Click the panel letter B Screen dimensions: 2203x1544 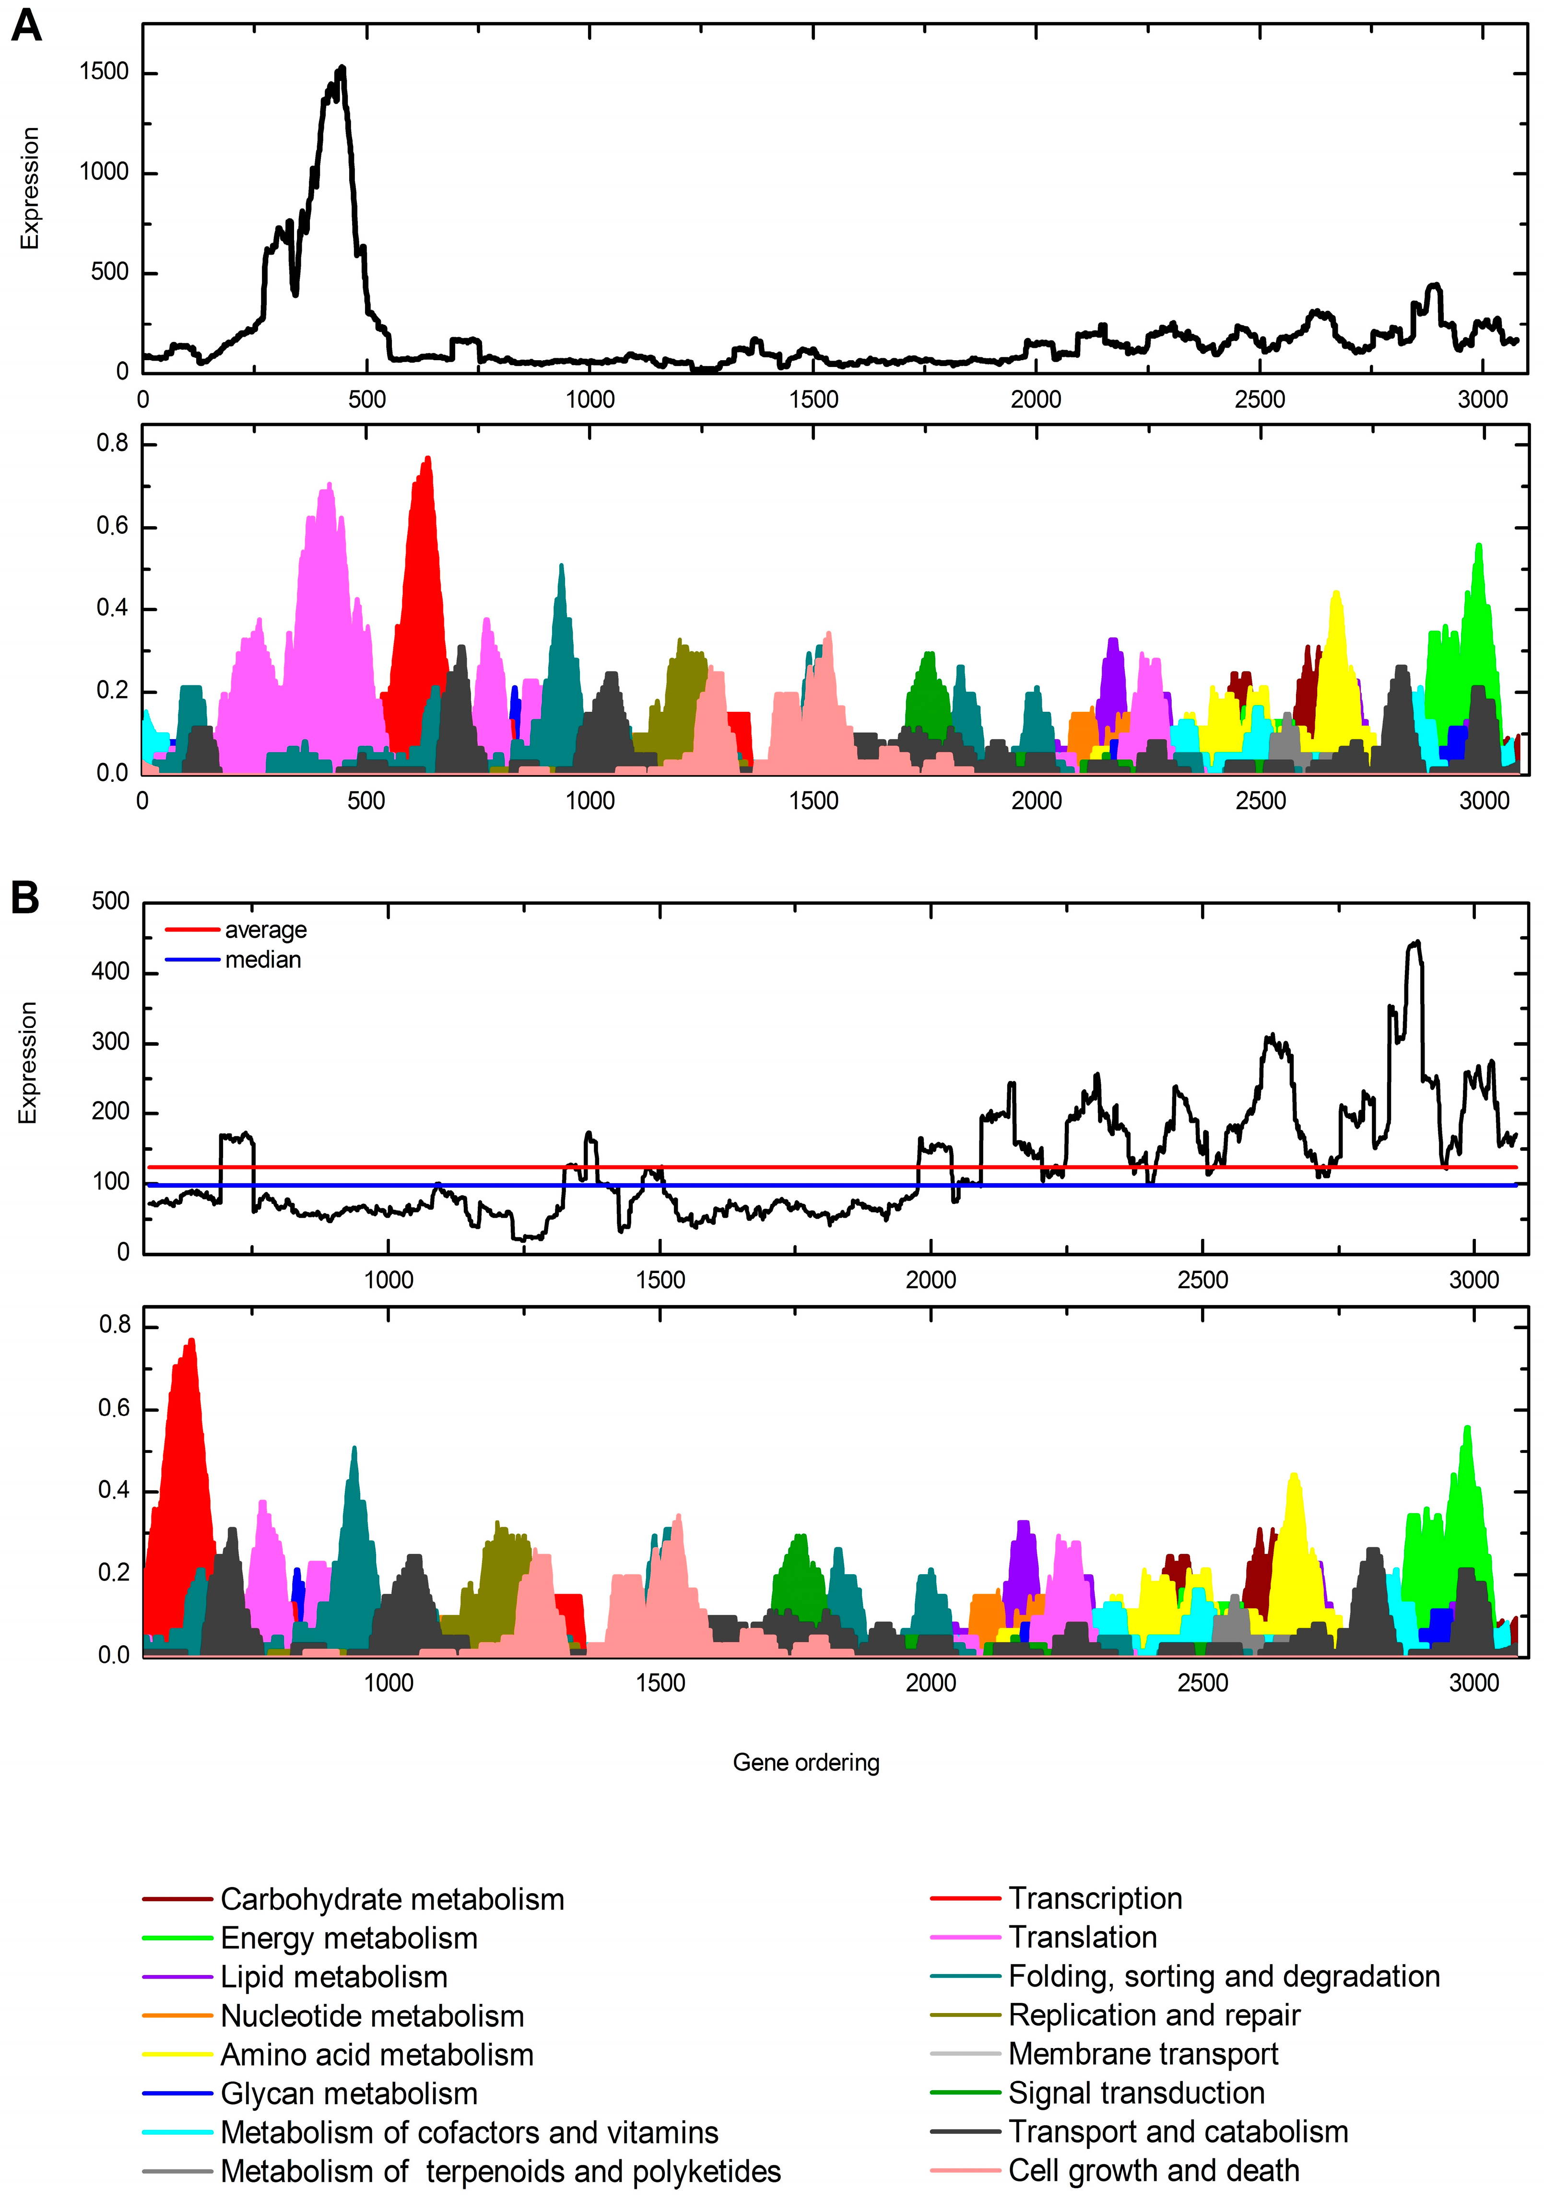pyautogui.click(x=25, y=898)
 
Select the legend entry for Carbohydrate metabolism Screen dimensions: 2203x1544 pyautogui.click(x=391, y=1899)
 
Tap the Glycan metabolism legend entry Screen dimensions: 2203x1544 pyautogui.click(x=348, y=2093)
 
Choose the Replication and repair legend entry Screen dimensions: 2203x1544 pyautogui.click(x=1154, y=2015)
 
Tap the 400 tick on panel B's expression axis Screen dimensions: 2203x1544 pyautogui.click(x=110, y=972)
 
